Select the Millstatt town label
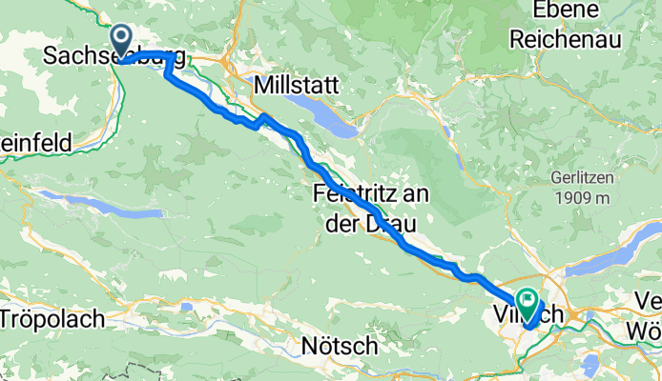[x=297, y=85]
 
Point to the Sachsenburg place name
[x=113, y=57]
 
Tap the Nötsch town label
[x=339, y=347]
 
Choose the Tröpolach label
[x=52, y=319]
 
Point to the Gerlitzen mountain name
[x=582, y=179]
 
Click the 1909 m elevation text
[x=582, y=198]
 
